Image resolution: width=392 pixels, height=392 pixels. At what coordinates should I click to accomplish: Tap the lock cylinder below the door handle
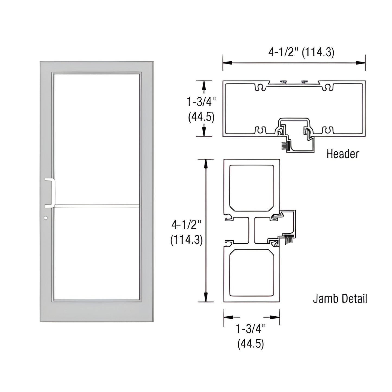[x=45, y=218]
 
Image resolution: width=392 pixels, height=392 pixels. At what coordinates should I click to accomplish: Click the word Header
[x=343, y=154]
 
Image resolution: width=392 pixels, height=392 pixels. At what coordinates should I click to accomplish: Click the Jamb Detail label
[x=340, y=299]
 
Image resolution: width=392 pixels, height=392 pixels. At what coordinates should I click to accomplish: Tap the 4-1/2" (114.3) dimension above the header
[x=301, y=52]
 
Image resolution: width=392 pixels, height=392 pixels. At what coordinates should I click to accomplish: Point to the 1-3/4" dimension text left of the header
[x=201, y=102]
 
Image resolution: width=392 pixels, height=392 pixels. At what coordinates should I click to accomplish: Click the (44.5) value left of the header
[x=201, y=117]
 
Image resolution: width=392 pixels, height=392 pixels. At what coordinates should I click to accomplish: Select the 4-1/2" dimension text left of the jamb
[x=186, y=225]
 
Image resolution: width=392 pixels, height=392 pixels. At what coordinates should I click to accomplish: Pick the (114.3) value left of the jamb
[x=186, y=240]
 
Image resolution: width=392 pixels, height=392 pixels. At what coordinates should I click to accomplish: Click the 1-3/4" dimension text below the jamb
[x=250, y=329]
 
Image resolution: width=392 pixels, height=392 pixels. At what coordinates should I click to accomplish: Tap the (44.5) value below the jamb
[x=250, y=344]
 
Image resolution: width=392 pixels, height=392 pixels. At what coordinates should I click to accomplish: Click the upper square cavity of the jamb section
[x=251, y=188]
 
